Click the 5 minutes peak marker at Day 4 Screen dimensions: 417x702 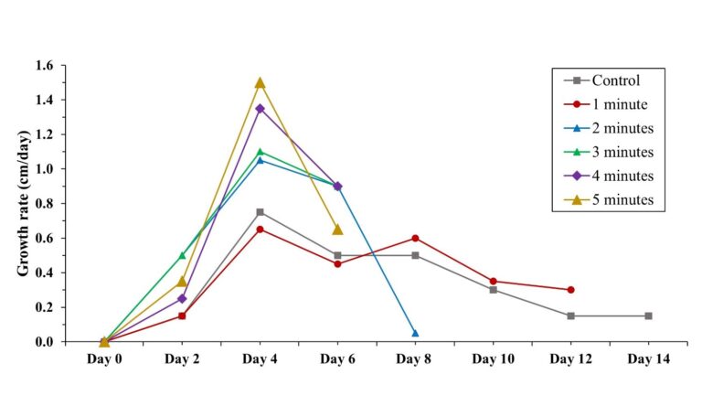click(x=260, y=82)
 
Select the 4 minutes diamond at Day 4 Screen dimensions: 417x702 click(x=260, y=108)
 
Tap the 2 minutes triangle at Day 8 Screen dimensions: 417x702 click(x=415, y=333)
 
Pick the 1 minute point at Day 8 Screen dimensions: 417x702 click(x=415, y=238)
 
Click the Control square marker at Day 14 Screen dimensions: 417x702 click(x=648, y=315)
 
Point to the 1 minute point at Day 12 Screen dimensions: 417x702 click(x=570, y=290)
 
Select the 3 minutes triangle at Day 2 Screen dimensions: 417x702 click(x=182, y=255)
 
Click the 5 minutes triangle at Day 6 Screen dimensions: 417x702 click(x=337, y=230)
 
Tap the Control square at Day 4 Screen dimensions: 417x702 click(x=260, y=212)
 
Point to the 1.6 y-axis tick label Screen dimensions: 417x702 click(x=45, y=66)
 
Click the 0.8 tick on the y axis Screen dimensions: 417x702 click(x=45, y=204)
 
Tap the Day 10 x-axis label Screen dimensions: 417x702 click(x=493, y=359)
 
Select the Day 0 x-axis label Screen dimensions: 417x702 click(x=104, y=359)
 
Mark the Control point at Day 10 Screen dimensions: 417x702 click(x=493, y=290)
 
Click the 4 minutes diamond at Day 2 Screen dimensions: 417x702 click(x=182, y=298)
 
